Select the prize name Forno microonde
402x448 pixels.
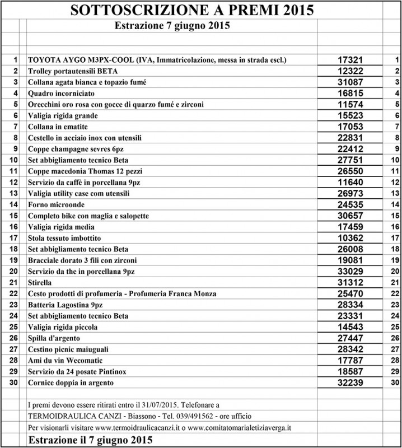coord(55,205)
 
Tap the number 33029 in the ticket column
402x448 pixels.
coord(352,271)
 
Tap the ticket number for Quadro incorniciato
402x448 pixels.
coord(352,92)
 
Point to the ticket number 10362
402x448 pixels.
coord(352,238)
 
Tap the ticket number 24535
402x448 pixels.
coord(352,204)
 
